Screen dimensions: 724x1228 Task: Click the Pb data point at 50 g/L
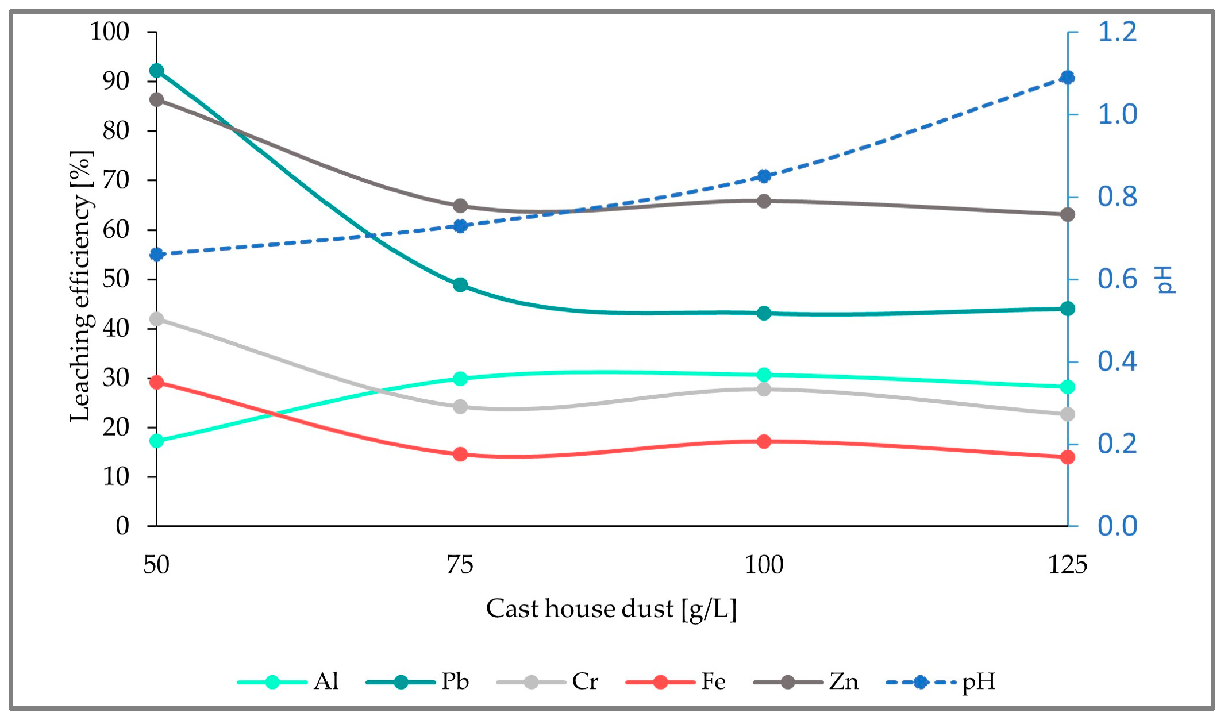(156, 71)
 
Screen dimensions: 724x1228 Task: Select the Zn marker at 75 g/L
(460, 206)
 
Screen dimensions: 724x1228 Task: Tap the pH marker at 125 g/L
(1067, 78)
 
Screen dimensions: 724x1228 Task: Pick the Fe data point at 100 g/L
(764, 441)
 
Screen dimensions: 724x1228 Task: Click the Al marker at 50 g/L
(156, 441)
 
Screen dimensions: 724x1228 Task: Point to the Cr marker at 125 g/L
(1067, 414)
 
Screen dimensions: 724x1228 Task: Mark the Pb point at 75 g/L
(460, 284)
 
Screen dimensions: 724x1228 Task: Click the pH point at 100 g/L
(764, 176)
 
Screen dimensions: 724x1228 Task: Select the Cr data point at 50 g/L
(156, 319)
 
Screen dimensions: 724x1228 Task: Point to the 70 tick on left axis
(116, 180)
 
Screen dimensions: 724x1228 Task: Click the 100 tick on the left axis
(110, 32)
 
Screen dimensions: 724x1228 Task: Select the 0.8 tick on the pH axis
(1117, 197)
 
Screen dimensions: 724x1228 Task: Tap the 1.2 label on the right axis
(1117, 32)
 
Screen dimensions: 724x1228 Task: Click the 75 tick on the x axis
(460, 565)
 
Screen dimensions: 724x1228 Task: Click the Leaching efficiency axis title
(80, 286)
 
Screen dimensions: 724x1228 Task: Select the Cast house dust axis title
(611, 609)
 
